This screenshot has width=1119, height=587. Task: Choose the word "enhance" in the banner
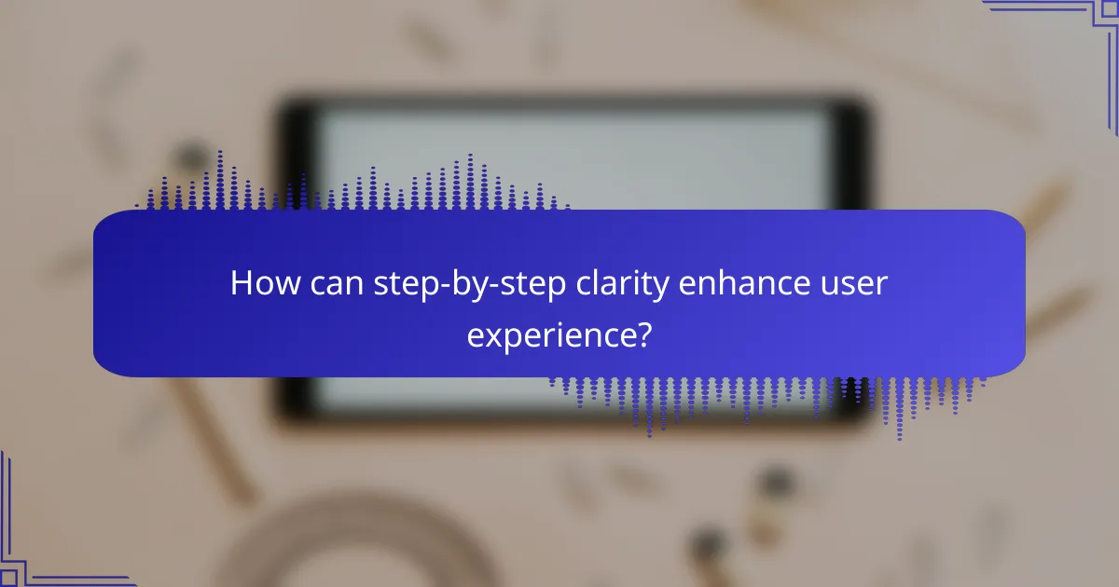[738, 284]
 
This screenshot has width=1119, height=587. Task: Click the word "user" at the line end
[853, 284]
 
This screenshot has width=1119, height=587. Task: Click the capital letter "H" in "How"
[241, 284]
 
